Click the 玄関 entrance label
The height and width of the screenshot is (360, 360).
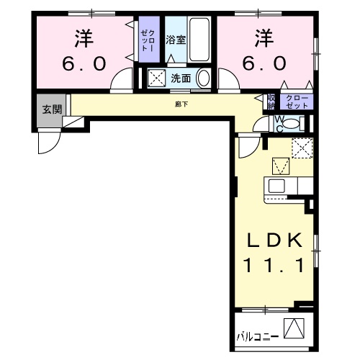(x=50, y=109)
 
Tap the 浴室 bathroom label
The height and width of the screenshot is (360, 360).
(x=176, y=40)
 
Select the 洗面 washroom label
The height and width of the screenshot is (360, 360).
(x=179, y=78)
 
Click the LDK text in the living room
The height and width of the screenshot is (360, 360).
(x=271, y=239)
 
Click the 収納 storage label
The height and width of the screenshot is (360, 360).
(x=271, y=102)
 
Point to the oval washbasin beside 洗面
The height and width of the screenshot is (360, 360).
(x=204, y=78)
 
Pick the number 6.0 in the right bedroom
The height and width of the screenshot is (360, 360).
(x=264, y=63)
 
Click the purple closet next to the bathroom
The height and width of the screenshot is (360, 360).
(x=148, y=40)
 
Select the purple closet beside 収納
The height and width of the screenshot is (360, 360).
(x=295, y=102)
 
